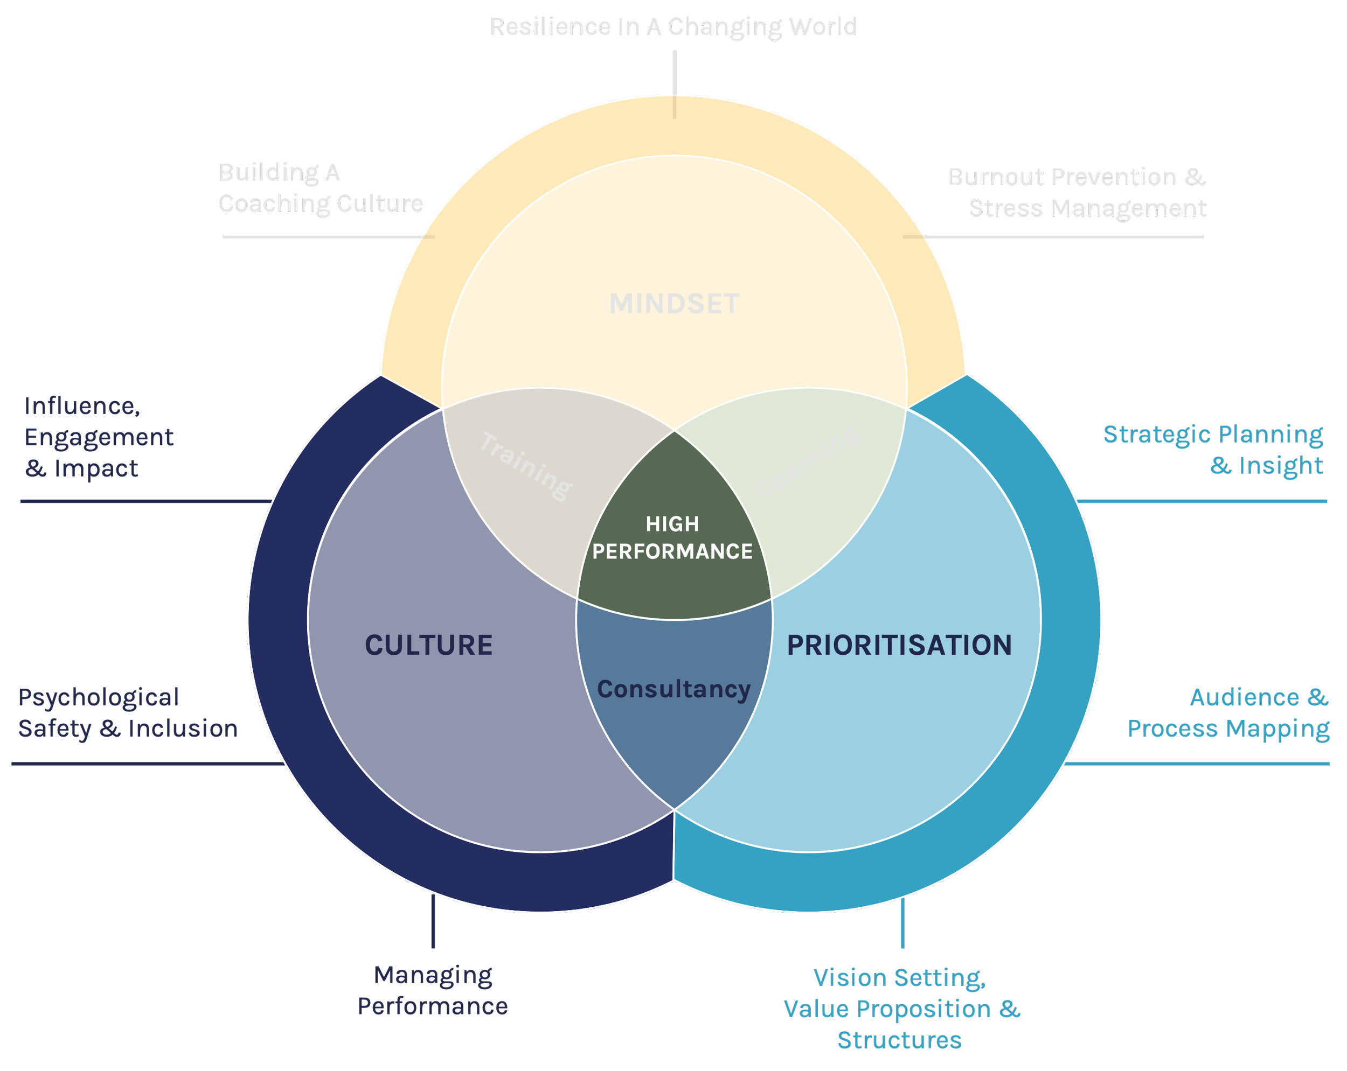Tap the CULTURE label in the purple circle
pyautogui.click(x=428, y=645)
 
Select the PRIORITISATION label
pyautogui.click(x=899, y=645)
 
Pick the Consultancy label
pyautogui.click(x=673, y=689)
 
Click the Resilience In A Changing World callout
pyautogui.click(x=672, y=27)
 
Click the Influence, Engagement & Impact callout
pyautogui.click(x=98, y=437)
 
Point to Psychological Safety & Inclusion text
pyautogui.click(x=128, y=712)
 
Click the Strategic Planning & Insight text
pyautogui.click(x=1213, y=450)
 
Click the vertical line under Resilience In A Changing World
pyautogui.click(x=675, y=85)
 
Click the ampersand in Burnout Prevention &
pyautogui.click(x=1195, y=177)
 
